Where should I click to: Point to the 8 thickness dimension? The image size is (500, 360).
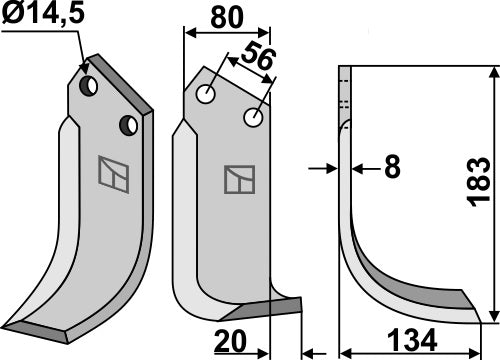point(391,169)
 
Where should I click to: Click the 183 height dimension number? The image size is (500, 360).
point(481,184)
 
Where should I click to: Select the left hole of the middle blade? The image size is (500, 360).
point(207,96)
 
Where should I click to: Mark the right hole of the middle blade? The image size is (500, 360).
point(254,118)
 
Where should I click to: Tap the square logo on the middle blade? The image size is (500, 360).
point(237,179)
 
